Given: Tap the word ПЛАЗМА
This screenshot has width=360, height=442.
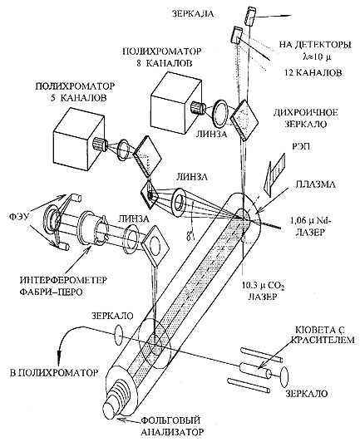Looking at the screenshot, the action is coord(315,185).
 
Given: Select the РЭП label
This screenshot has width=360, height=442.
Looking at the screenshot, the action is coord(300,146).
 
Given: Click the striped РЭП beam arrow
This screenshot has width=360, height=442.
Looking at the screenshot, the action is coord(274,174).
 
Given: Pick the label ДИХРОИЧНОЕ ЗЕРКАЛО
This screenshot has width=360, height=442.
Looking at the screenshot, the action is coord(306,118).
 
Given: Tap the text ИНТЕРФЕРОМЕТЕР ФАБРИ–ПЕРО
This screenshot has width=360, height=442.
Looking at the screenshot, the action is coord(63,286).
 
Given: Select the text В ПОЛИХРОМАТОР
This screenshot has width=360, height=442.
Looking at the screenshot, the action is coord(54,372).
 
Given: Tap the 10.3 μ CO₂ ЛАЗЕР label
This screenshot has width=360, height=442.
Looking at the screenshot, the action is coord(262,292).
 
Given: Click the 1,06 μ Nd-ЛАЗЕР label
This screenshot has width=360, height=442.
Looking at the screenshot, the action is coord(311,227).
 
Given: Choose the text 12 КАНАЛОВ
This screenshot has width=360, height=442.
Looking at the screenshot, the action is coord(313,72).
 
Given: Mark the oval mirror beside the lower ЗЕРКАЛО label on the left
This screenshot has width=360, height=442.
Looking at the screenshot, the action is coord(119,335).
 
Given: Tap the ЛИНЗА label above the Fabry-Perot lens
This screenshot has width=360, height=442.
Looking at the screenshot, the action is coord(130,219).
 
